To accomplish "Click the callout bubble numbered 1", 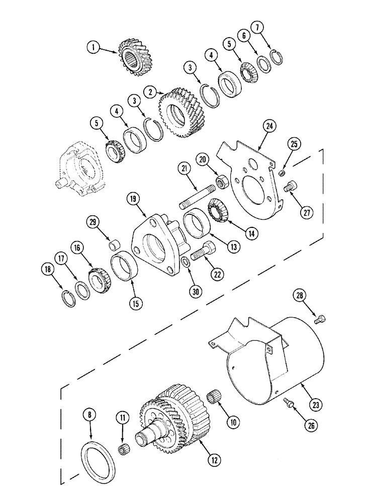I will (x=92, y=48).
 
